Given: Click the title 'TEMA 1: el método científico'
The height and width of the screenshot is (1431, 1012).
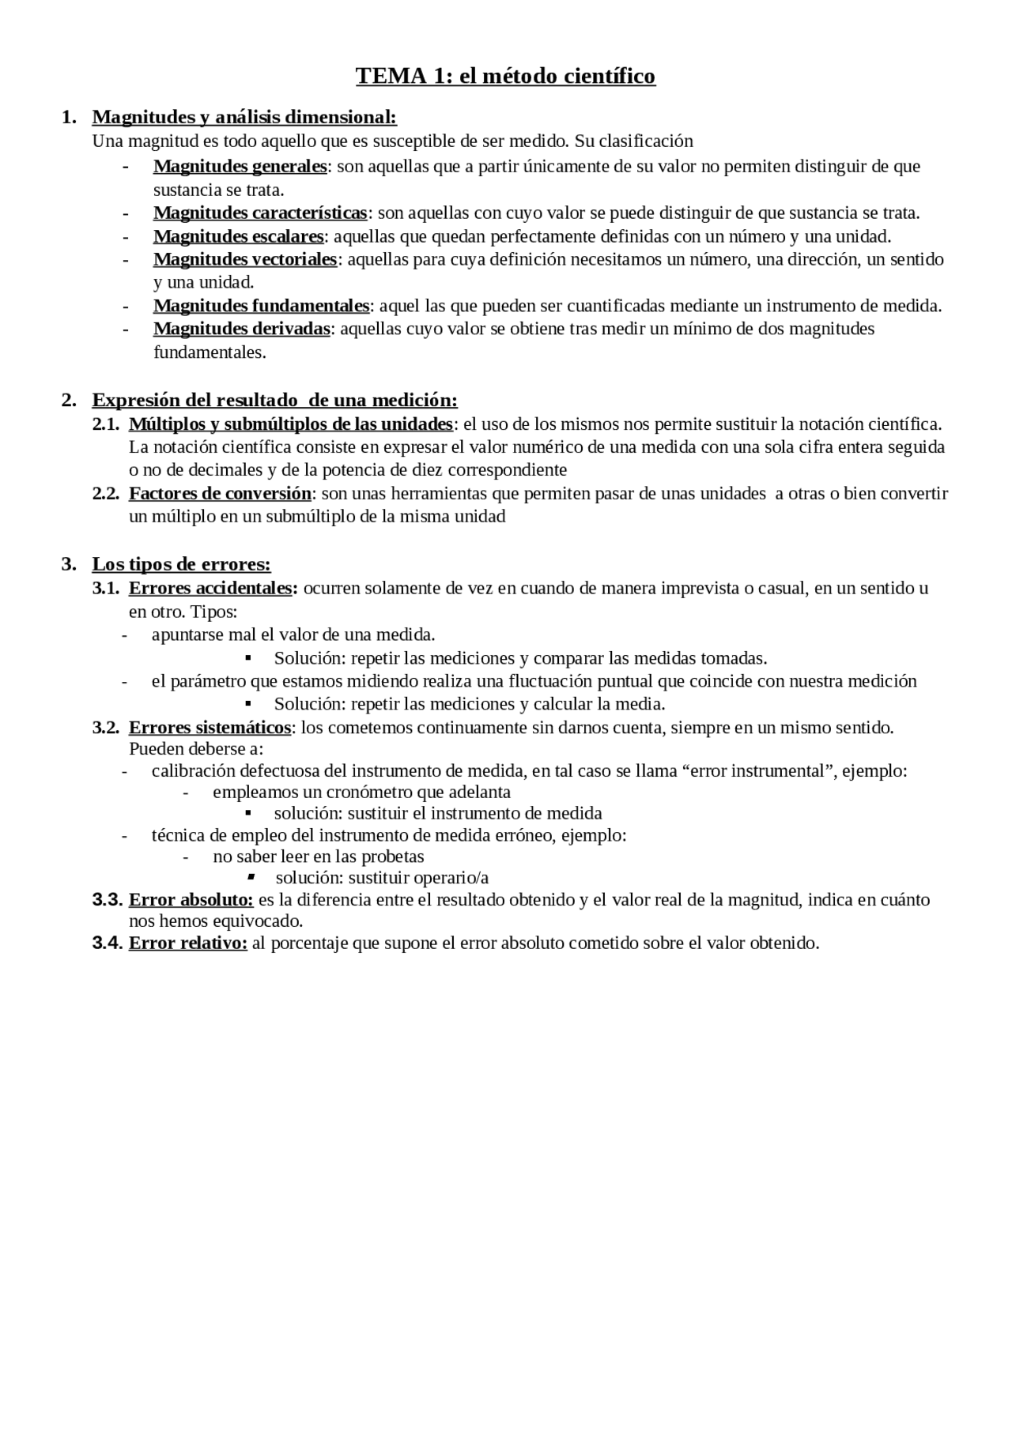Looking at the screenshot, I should coord(505,76).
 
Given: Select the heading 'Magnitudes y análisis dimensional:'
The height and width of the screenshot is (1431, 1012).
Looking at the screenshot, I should coord(244,117).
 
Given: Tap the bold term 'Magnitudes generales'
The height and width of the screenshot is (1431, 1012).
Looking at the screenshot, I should coord(240,166).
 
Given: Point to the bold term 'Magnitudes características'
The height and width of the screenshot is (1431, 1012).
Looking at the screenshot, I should coord(260,213).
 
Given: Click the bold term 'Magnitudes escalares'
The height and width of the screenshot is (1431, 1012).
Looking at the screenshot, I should coord(238,236).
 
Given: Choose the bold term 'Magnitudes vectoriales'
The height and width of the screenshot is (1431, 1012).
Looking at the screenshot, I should coord(245,259).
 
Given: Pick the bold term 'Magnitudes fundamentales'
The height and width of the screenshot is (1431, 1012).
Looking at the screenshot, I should coord(261,306).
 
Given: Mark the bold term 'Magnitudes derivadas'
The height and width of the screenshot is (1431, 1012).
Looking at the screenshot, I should coord(241,329).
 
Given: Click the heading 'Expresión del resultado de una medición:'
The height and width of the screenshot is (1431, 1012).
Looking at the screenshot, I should coord(274,400).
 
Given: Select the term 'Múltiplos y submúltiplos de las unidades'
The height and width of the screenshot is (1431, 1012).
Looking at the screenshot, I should coord(290,424).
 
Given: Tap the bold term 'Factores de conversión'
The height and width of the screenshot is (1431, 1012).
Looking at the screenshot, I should coord(220,494).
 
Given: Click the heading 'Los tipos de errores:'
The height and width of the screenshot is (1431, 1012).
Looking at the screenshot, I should coord(181,564).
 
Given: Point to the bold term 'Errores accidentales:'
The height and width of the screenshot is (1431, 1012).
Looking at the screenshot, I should coord(213,588).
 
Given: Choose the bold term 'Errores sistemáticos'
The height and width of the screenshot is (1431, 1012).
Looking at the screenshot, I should coord(210,727).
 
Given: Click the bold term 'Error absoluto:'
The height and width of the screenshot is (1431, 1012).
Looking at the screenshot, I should coord(191,900).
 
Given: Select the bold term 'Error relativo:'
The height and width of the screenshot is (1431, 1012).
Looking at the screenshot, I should coord(187,943).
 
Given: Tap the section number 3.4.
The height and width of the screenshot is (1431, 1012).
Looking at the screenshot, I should coord(107,943).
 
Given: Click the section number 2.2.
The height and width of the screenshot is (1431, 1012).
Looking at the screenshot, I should coord(106,494).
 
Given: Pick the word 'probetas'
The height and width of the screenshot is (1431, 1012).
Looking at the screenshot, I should coord(392,857).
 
